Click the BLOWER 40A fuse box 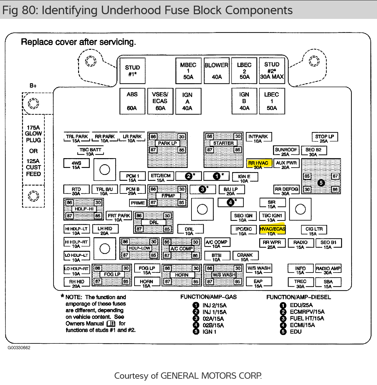coord(216,71)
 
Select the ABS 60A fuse coord(132,101)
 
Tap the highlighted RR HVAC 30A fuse coord(258,164)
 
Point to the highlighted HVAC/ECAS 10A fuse coord(272,230)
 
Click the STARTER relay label coord(223,143)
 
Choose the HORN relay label coord(182,275)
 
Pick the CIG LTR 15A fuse coord(314,230)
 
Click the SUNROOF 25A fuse coord(286,151)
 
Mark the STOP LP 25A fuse coord(324,138)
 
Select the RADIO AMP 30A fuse coord(328,269)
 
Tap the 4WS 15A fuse coord(76,164)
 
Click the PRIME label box coord(138,203)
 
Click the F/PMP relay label coord(168,196)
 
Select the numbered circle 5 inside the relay coord(321,183)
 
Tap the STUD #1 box coord(132,71)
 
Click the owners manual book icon coord(111,324)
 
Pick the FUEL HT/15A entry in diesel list coord(306,319)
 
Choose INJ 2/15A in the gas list coord(214,305)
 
